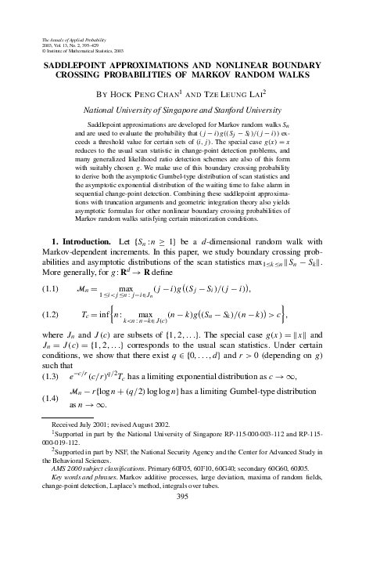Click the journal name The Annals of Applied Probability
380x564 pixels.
pos(70,39)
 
